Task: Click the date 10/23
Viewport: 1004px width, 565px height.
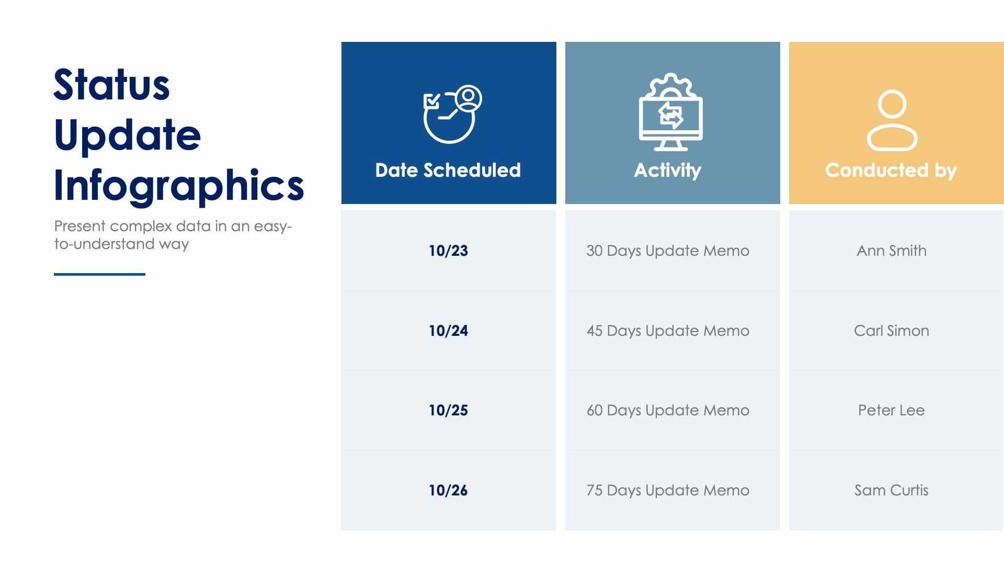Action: coord(448,251)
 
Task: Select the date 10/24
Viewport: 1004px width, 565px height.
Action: coord(448,331)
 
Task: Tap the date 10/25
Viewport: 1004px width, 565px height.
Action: coord(448,410)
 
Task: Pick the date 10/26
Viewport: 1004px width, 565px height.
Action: coord(448,490)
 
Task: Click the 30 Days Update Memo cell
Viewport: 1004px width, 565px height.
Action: coord(668,251)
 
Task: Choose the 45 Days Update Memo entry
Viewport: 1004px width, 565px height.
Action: coord(668,331)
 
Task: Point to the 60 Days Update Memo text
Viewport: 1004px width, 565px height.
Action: coord(668,410)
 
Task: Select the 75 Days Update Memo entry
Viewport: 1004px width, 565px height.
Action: coord(668,490)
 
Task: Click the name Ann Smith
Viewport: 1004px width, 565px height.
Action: coord(891,251)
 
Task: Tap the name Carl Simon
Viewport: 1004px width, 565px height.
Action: coord(891,331)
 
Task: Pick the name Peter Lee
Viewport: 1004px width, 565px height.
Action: coord(891,410)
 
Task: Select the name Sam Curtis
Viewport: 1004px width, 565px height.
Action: coord(891,490)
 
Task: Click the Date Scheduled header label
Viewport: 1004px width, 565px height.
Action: coord(448,170)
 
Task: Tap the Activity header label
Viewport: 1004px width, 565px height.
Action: coord(668,170)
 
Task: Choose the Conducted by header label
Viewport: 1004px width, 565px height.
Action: coord(891,170)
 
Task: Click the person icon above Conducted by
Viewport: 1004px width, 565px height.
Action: coord(892,120)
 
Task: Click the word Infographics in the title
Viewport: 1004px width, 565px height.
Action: coord(179,185)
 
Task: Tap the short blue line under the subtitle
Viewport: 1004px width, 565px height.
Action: coord(99,274)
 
